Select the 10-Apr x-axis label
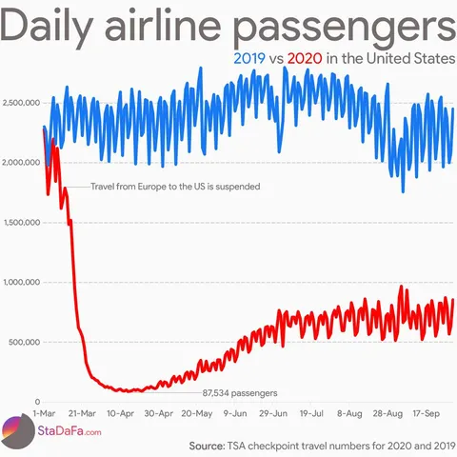click(120, 414)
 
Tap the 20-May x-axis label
click(196, 414)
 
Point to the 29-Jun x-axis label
click(273, 414)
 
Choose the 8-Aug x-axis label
click(349, 414)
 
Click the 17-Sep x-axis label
click(425, 414)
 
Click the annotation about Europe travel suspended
click(174, 187)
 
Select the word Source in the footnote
click(206, 445)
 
